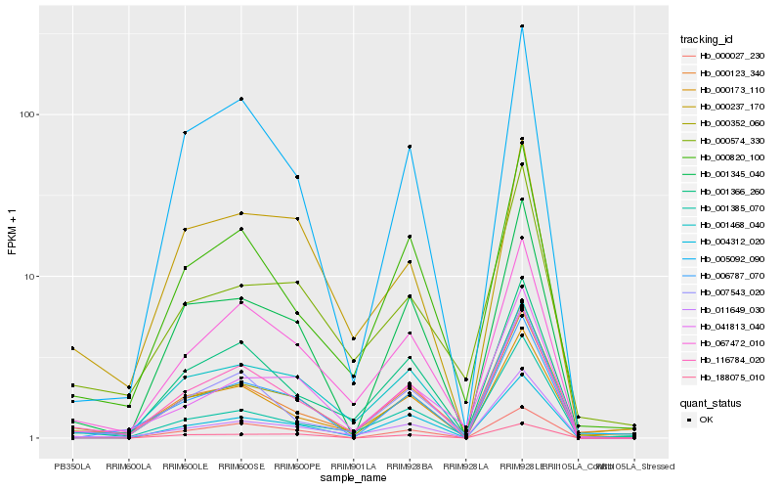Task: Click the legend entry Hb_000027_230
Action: [724, 57]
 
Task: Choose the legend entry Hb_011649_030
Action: [724, 310]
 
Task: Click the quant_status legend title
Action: [711, 402]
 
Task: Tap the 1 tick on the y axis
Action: [32, 438]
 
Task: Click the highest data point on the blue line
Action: [522, 26]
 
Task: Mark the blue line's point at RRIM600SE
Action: [240, 99]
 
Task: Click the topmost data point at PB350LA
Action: [71, 348]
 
